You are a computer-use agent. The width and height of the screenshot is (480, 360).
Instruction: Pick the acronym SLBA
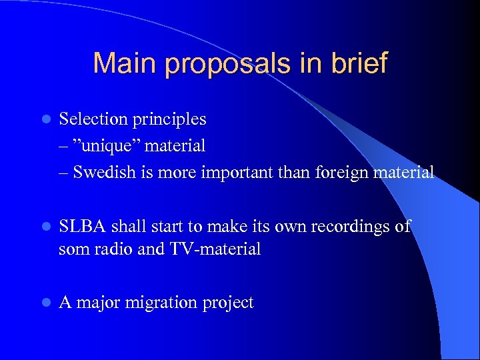[81, 227]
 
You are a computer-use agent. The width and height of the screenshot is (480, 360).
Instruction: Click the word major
[97, 303]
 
